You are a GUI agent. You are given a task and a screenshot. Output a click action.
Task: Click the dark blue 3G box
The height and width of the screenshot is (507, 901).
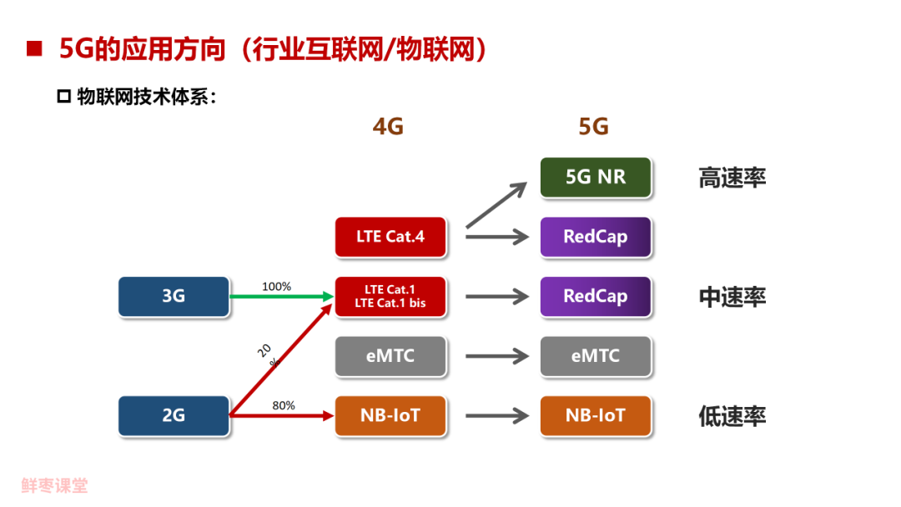tap(174, 296)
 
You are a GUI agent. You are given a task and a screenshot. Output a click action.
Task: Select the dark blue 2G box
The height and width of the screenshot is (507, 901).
tap(174, 415)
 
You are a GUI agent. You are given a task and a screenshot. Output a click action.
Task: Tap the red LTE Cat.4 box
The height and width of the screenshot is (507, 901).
tap(390, 237)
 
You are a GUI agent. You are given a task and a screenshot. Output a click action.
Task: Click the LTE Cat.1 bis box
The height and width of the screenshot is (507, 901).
tap(390, 296)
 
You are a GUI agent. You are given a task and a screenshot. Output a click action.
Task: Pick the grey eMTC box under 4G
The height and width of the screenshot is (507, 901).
tap(390, 356)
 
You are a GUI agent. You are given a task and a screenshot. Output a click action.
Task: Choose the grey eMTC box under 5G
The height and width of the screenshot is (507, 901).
tap(596, 356)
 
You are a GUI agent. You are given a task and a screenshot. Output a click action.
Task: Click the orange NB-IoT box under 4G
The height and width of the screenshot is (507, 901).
tap(390, 415)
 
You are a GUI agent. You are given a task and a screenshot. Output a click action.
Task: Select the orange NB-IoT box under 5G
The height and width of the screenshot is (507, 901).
tap(596, 415)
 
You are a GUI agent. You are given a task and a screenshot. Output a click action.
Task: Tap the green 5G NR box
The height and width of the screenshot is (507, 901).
tap(596, 178)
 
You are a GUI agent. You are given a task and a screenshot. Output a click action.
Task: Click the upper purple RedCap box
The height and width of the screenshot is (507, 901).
tap(596, 237)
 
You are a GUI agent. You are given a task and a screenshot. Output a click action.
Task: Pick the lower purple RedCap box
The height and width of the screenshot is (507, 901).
tap(596, 296)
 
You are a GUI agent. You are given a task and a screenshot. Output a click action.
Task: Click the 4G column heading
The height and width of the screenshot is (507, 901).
tap(388, 127)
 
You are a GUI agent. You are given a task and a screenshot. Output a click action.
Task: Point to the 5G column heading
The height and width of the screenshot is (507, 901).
tap(593, 127)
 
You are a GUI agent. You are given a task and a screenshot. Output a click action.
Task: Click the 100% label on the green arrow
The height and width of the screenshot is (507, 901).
tap(277, 287)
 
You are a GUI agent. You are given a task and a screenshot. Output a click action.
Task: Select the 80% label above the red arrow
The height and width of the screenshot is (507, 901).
tap(284, 406)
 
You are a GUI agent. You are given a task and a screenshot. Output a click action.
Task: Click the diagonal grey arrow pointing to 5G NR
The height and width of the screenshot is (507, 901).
tap(496, 205)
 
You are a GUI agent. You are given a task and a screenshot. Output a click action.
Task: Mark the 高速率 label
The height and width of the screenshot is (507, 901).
tap(732, 178)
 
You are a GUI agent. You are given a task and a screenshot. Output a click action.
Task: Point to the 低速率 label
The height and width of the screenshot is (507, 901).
tap(732, 416)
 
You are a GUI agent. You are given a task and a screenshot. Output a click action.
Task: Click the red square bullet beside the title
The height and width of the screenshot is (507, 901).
tap(34, 49)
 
